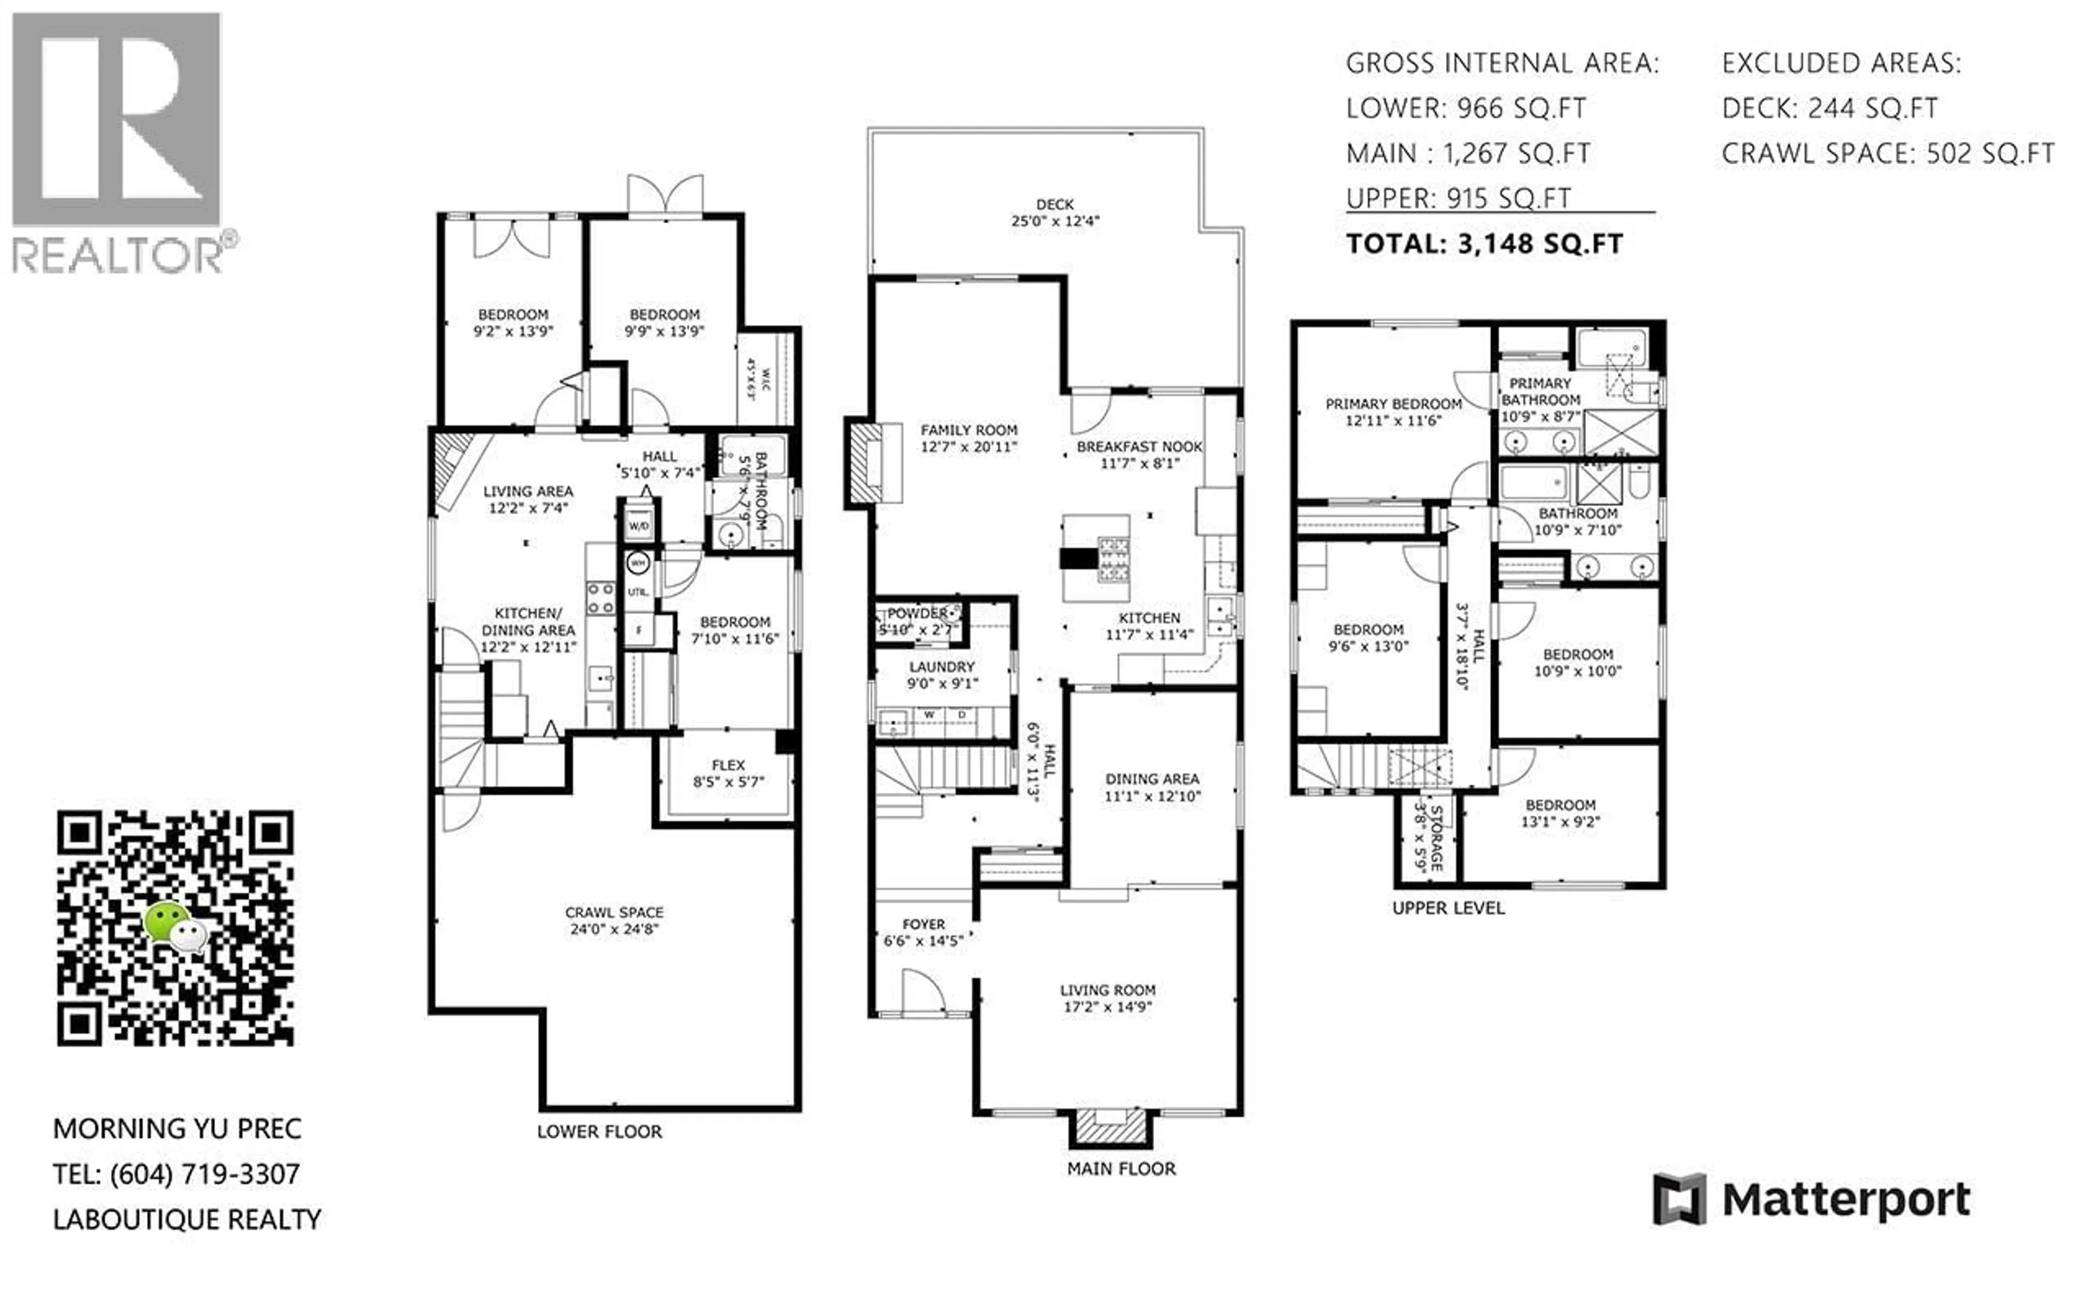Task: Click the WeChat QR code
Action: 176,928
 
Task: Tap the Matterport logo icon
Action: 1678,1199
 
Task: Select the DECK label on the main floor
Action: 1055,205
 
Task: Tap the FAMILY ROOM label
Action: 968,430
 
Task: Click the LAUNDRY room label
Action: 941,667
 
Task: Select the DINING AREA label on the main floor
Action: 1152,779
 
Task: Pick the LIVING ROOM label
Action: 1108,990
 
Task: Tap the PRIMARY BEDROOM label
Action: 1393,404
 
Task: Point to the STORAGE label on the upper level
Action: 1436,838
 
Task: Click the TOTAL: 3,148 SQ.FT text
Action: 1484,244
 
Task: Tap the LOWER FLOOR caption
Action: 599,1131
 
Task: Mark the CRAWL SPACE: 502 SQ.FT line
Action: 1887,154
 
